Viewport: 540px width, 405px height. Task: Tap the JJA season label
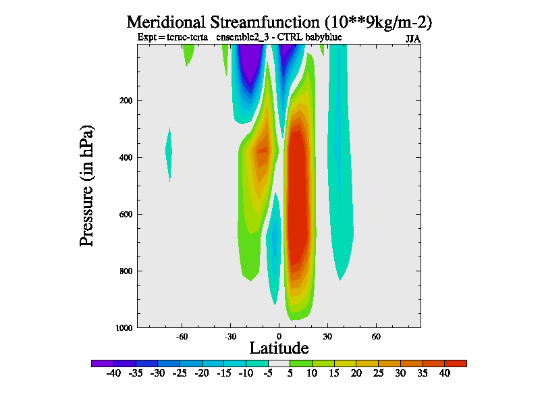[x=413, y=39]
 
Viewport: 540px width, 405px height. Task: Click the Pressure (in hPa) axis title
[x=87, y=185]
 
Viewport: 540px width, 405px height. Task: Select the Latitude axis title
[x=279, y=348]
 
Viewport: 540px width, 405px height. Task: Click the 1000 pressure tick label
[x=124, y=328]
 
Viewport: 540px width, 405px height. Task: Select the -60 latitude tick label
[x=182, y=335]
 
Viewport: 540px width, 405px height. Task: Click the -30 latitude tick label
[x=230, y=335]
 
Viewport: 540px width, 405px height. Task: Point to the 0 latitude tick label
[x=279, y=335]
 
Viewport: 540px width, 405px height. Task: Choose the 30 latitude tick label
[x=327, y=335]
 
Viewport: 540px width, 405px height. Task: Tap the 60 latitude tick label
[x=376, y=335]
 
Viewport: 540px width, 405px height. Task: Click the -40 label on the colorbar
[x=113, y=374]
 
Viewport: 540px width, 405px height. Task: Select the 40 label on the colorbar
[x=444, y=374]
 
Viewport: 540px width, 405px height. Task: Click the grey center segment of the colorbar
[x=279, y=363]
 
